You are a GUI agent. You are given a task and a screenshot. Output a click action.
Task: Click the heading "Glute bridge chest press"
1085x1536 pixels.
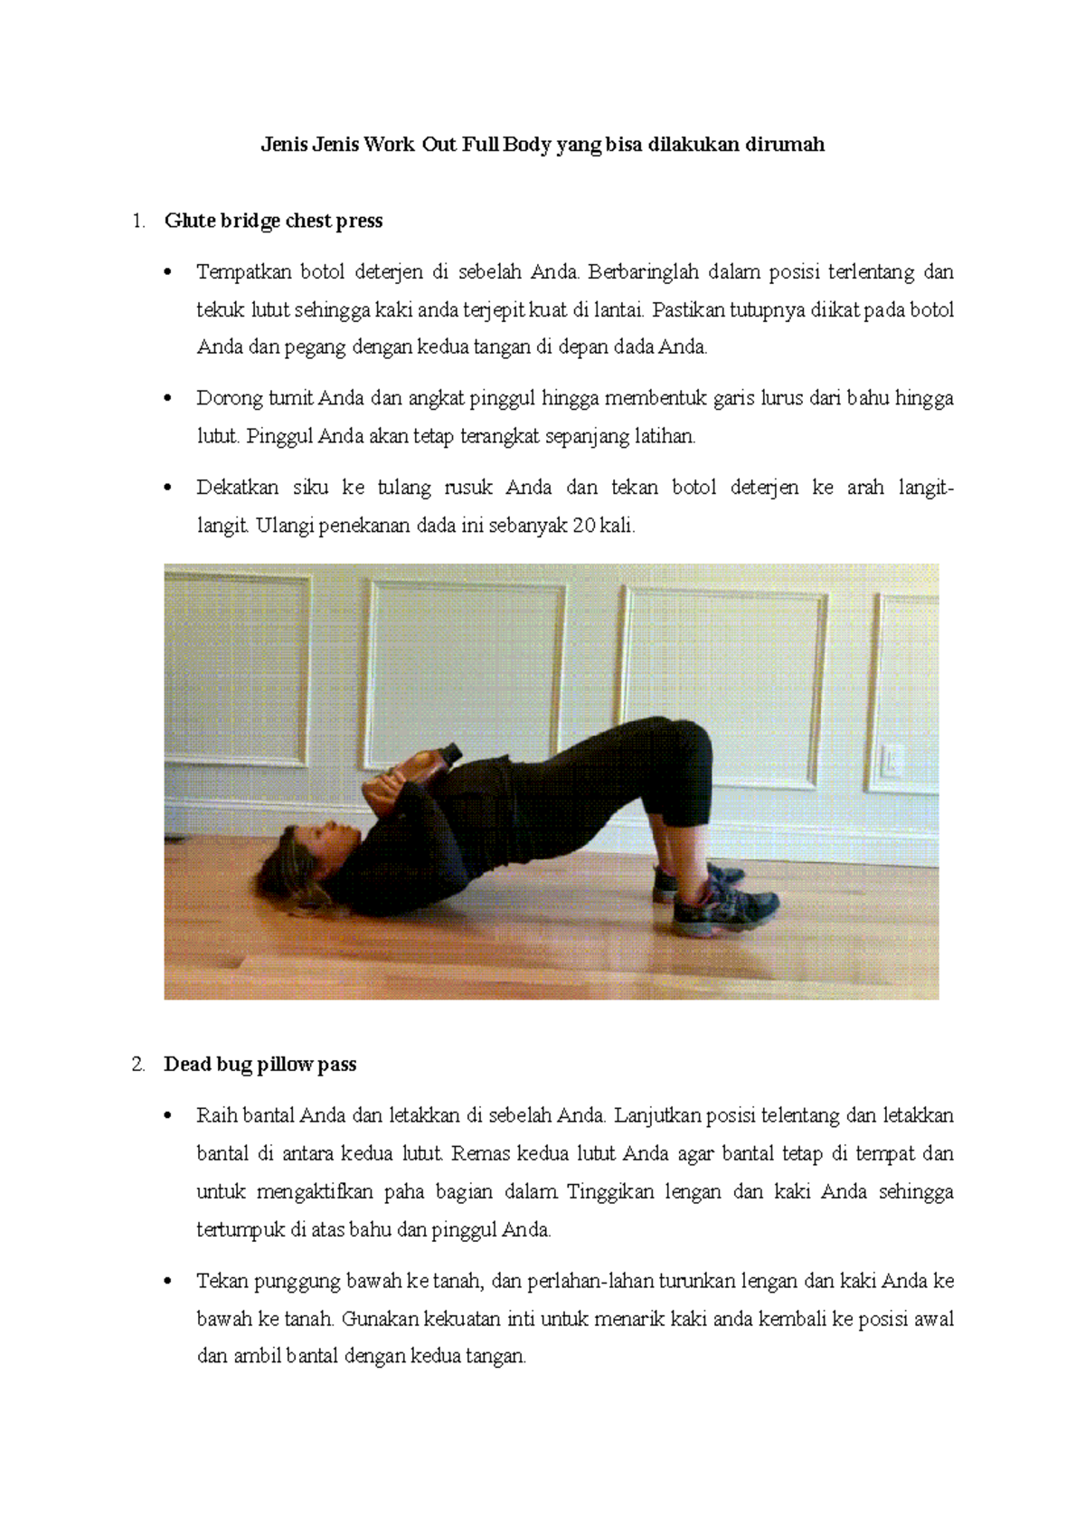coord(273,221)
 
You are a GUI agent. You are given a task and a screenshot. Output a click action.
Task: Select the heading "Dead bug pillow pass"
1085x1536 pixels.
coord(259,1064)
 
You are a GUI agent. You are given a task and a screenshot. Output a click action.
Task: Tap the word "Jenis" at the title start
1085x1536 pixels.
coord(284,145)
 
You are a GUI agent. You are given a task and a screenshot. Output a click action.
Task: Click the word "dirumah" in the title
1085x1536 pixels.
coord(784,145)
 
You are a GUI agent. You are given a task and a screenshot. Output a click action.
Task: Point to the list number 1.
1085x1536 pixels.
coord(137,221)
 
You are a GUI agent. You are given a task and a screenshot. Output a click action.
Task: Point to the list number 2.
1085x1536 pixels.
coord(137,1064)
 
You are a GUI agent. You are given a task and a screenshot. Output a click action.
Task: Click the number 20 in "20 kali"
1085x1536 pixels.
coord(583,526)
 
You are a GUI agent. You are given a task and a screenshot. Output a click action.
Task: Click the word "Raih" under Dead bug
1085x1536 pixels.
coord(213,1115)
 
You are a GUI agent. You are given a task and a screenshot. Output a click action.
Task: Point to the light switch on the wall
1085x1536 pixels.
coord(892,758)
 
